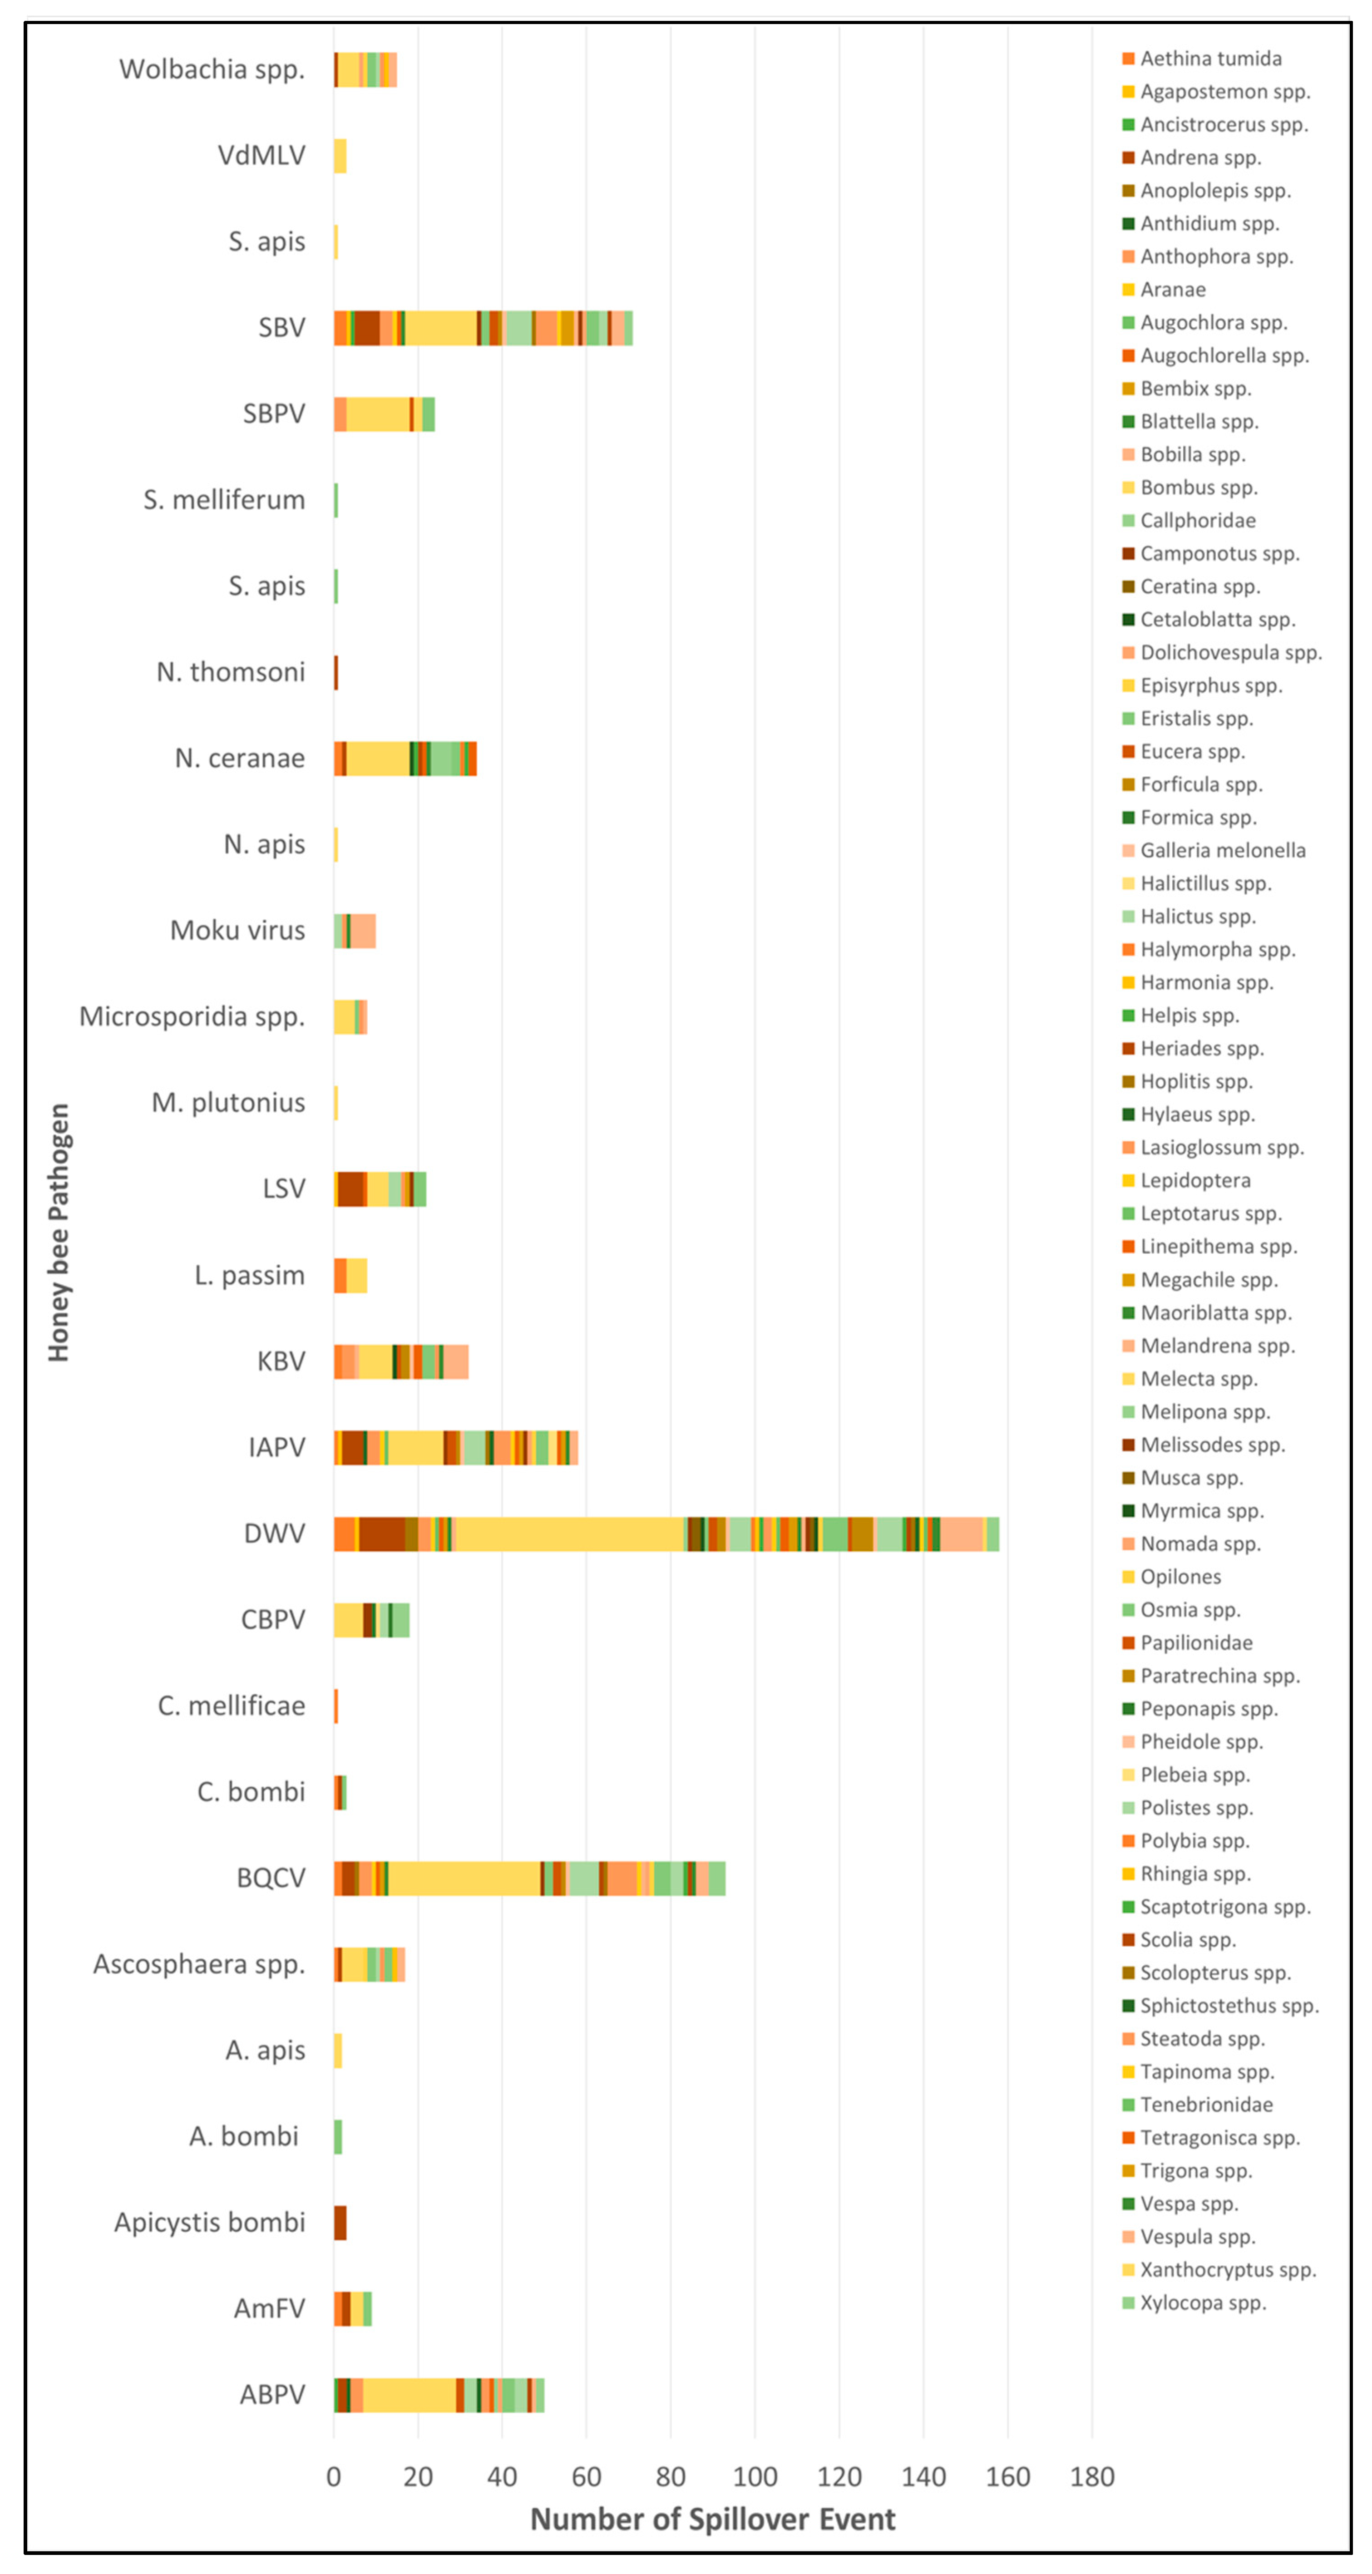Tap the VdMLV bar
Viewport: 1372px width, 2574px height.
(340, 156)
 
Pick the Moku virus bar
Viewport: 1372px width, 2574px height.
(355, 930)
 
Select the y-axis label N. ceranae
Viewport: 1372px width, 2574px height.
(240, 759)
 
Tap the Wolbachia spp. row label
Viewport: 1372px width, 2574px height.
(212, 69)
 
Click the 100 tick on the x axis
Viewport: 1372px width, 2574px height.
(755, 2476)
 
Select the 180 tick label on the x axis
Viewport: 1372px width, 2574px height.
(1091, 2476)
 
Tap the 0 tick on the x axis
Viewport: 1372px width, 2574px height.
(334, 2476)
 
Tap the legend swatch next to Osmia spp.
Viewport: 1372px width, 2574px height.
(1128, 1610)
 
